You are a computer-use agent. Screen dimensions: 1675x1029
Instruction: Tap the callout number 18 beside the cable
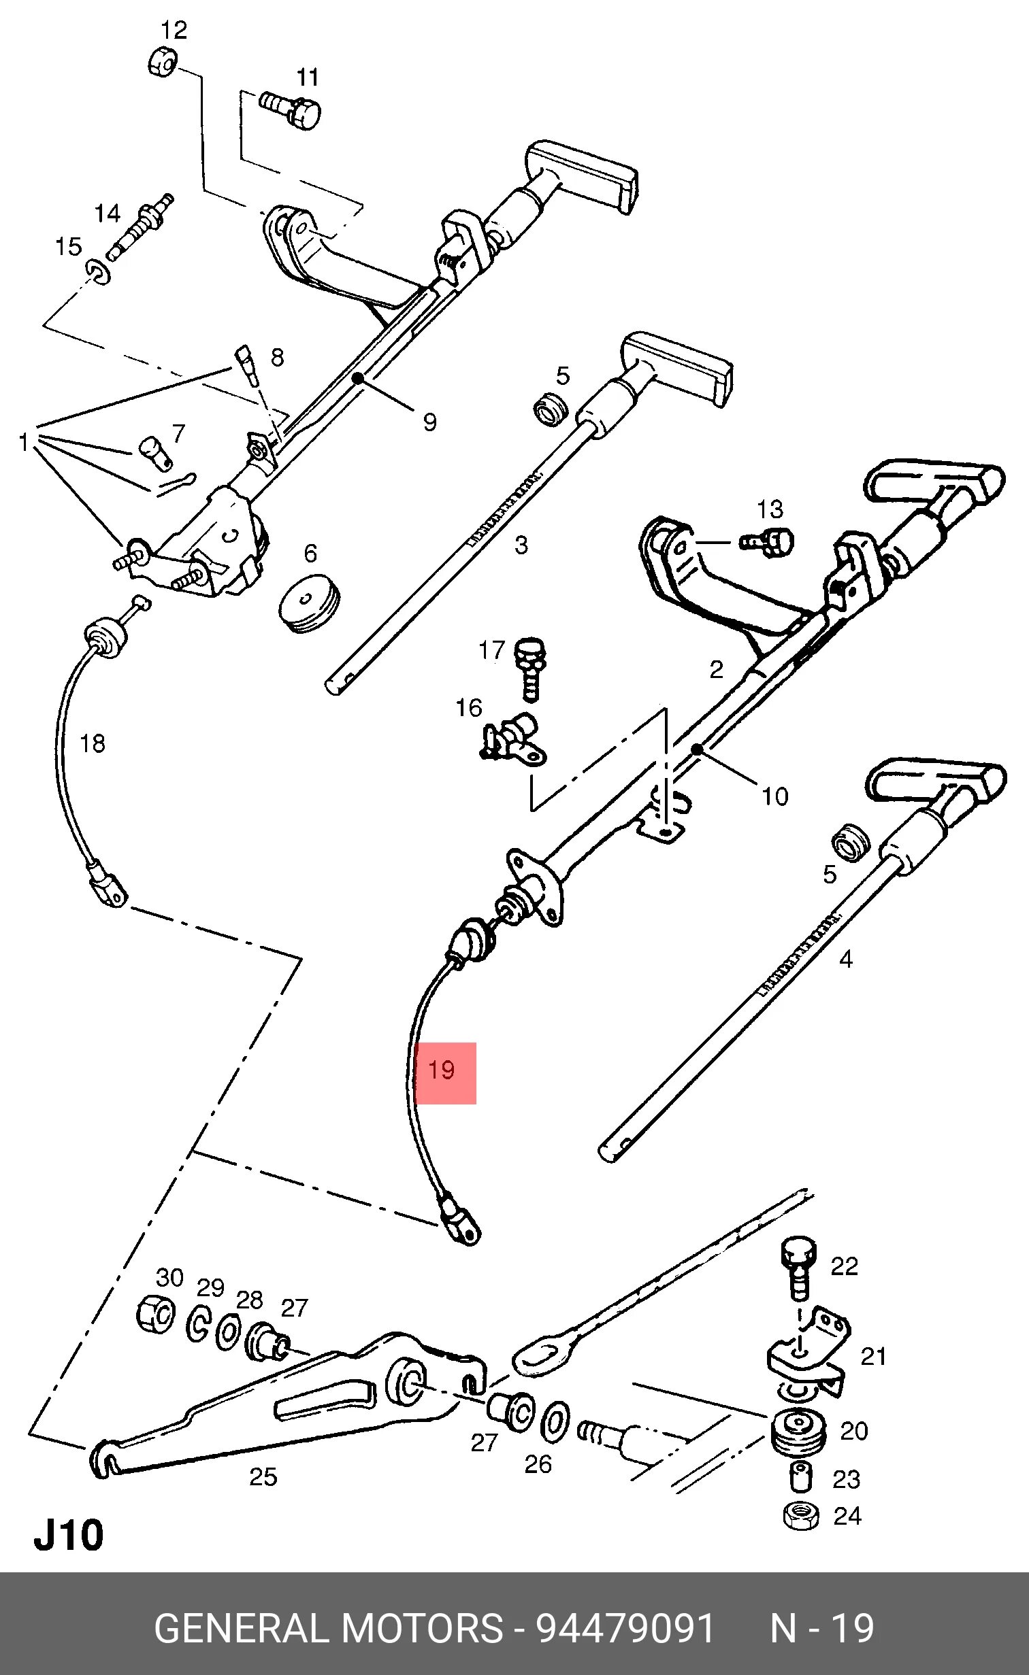(x=93, y=743)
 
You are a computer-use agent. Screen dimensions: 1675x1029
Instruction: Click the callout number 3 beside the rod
(x=521, y=545)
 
